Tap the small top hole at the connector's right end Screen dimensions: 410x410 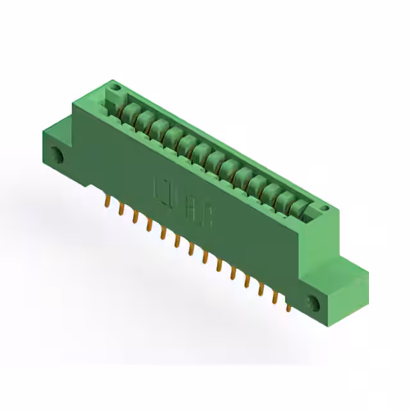tap(324, 208)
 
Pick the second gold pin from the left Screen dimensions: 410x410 tap(121, 209)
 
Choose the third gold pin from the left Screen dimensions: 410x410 tap(135, 217)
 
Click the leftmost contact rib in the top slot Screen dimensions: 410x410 tap(129, 113)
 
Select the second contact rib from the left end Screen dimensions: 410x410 tap(144, 120)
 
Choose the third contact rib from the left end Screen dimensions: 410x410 tap(158, 128)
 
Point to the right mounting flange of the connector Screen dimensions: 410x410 tap(333, 288)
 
